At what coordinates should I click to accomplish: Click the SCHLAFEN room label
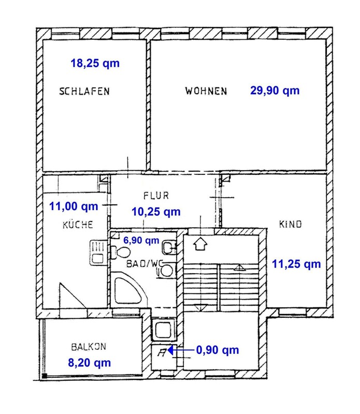pos(84,92)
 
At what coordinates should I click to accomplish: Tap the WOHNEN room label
pos(206,91)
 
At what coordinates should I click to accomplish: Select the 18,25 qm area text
pos(95,63)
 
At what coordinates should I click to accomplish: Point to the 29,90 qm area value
pos(275,91)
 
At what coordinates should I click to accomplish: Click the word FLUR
pos(156,196)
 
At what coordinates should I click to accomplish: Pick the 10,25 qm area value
pos(156,212)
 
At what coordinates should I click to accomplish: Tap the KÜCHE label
pos(78,225)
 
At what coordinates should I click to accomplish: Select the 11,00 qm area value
pos(74,206)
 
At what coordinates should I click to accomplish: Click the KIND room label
pos(290,225)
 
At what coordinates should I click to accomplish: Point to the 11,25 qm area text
pos(296,264)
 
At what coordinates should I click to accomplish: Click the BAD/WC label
pos(145,263)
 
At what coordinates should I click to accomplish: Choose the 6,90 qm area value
pos(141,240)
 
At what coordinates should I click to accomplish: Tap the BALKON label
pos(89,347)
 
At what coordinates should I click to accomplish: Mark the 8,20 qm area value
pos(89,363)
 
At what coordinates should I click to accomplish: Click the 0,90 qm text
pos(218,350)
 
